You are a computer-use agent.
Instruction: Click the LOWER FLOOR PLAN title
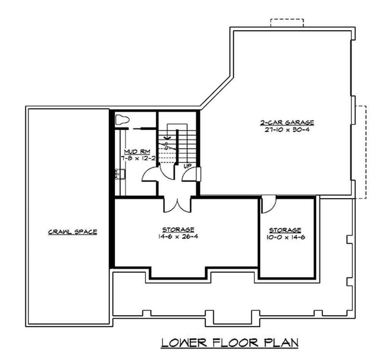(x=230, y=342)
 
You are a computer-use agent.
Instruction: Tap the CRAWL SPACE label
(x=72, y=232)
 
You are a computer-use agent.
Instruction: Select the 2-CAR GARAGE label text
(x=286, y=122)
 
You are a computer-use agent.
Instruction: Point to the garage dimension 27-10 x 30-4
(x=286, y=130)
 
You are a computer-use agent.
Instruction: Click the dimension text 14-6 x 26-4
(x=178, y=236)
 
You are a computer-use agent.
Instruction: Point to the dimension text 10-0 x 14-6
(x=285, y=238)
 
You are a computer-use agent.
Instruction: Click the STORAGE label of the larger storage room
(x=178, y=229)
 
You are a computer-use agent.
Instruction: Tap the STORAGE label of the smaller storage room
(x=285, y=230)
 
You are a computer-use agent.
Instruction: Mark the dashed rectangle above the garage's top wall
(x=287, y=22)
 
